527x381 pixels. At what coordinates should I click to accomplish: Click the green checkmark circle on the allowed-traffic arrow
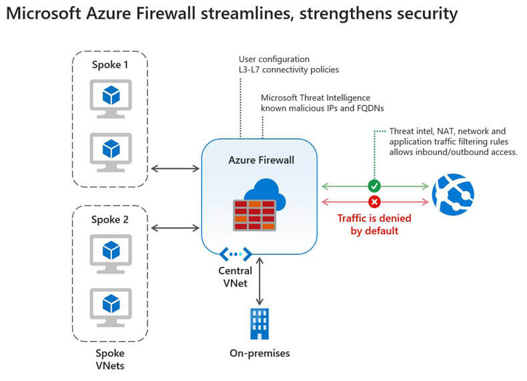tap(374, 186)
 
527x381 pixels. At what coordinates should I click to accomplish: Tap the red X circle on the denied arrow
tap(374, 201)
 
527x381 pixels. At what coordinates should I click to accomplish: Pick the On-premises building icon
tap(259, 324)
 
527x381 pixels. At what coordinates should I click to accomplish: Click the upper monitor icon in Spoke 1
tap(110, 97)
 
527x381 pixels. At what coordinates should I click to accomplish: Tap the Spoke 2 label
tap(110, 218)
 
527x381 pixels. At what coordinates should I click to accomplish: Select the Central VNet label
tap(235, 276)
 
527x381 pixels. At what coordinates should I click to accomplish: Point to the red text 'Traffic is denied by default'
tap(374, 224)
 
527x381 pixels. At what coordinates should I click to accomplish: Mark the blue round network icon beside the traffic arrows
tap(452, 193)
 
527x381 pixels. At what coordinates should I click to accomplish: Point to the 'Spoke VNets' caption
tap(110, 359)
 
